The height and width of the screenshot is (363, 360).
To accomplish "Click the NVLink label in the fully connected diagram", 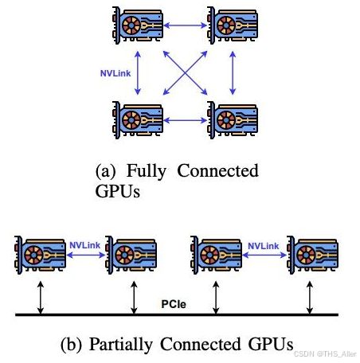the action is pyautogui.click(x=115, y=73).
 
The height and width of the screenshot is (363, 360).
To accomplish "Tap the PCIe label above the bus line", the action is pyautogui.click(x=174, y=304).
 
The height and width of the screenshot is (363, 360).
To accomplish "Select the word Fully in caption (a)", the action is pyautogui.click(x=147, y=171).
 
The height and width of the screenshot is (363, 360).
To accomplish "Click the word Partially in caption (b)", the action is pyautogui.click(x=121, y=345).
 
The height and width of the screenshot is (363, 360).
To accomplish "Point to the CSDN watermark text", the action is pyautogui.click(x=325, y=354).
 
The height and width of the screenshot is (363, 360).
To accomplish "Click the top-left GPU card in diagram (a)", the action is pyautogui.click(x=138, y=25).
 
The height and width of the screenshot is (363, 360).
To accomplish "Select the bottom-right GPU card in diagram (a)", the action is pyautogui.click(x=233, y=120).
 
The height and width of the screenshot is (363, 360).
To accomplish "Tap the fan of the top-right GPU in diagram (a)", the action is pyautogui.click(x=226, y=25).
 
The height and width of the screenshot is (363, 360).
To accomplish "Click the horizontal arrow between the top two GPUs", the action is pyautogui.click(x=185, y=25).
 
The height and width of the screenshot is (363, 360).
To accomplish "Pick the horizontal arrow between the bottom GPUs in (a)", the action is pyautogui.click(x=185, y=120).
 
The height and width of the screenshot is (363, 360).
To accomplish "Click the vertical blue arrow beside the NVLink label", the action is pyautogui.click(x=138, y=73).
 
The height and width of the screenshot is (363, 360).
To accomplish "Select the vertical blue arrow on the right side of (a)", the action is pyautogui.click(x=233, y=73).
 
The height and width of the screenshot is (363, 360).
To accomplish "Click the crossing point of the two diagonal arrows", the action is pyautogui.click(x=185, y=72).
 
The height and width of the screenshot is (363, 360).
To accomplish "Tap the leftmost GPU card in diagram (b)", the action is pyautogui.click(x=41, y=255).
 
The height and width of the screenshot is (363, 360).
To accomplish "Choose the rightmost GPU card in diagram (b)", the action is pyautogui.click(x=313, y=255).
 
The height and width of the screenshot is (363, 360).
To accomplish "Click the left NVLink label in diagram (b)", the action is pyautogui.click(x=84, y=245).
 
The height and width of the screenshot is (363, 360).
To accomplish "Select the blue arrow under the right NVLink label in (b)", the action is pyautogui.click(x=264, y=256).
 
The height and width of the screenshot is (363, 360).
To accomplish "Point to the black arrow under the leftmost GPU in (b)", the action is pyautogui.click(x=41, y=298).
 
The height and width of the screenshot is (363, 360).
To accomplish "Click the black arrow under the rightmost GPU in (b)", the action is pyautogui.click(x=310, y=298).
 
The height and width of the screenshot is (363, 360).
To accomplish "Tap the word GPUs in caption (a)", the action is pyautogui.click(x=118, y=191).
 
